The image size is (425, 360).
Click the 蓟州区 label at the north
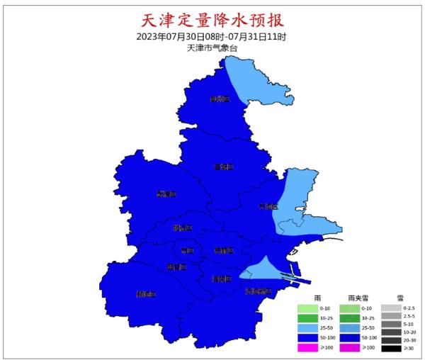[220, 99]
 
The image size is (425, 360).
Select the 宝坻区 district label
[224, 167]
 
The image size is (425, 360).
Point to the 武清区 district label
[166, 193]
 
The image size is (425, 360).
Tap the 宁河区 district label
[268, 207]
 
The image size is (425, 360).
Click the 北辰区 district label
[183, 228]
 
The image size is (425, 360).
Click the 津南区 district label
[221, 279]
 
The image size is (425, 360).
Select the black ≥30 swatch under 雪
[390, 347]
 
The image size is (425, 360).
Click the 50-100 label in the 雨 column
[328, 338]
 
